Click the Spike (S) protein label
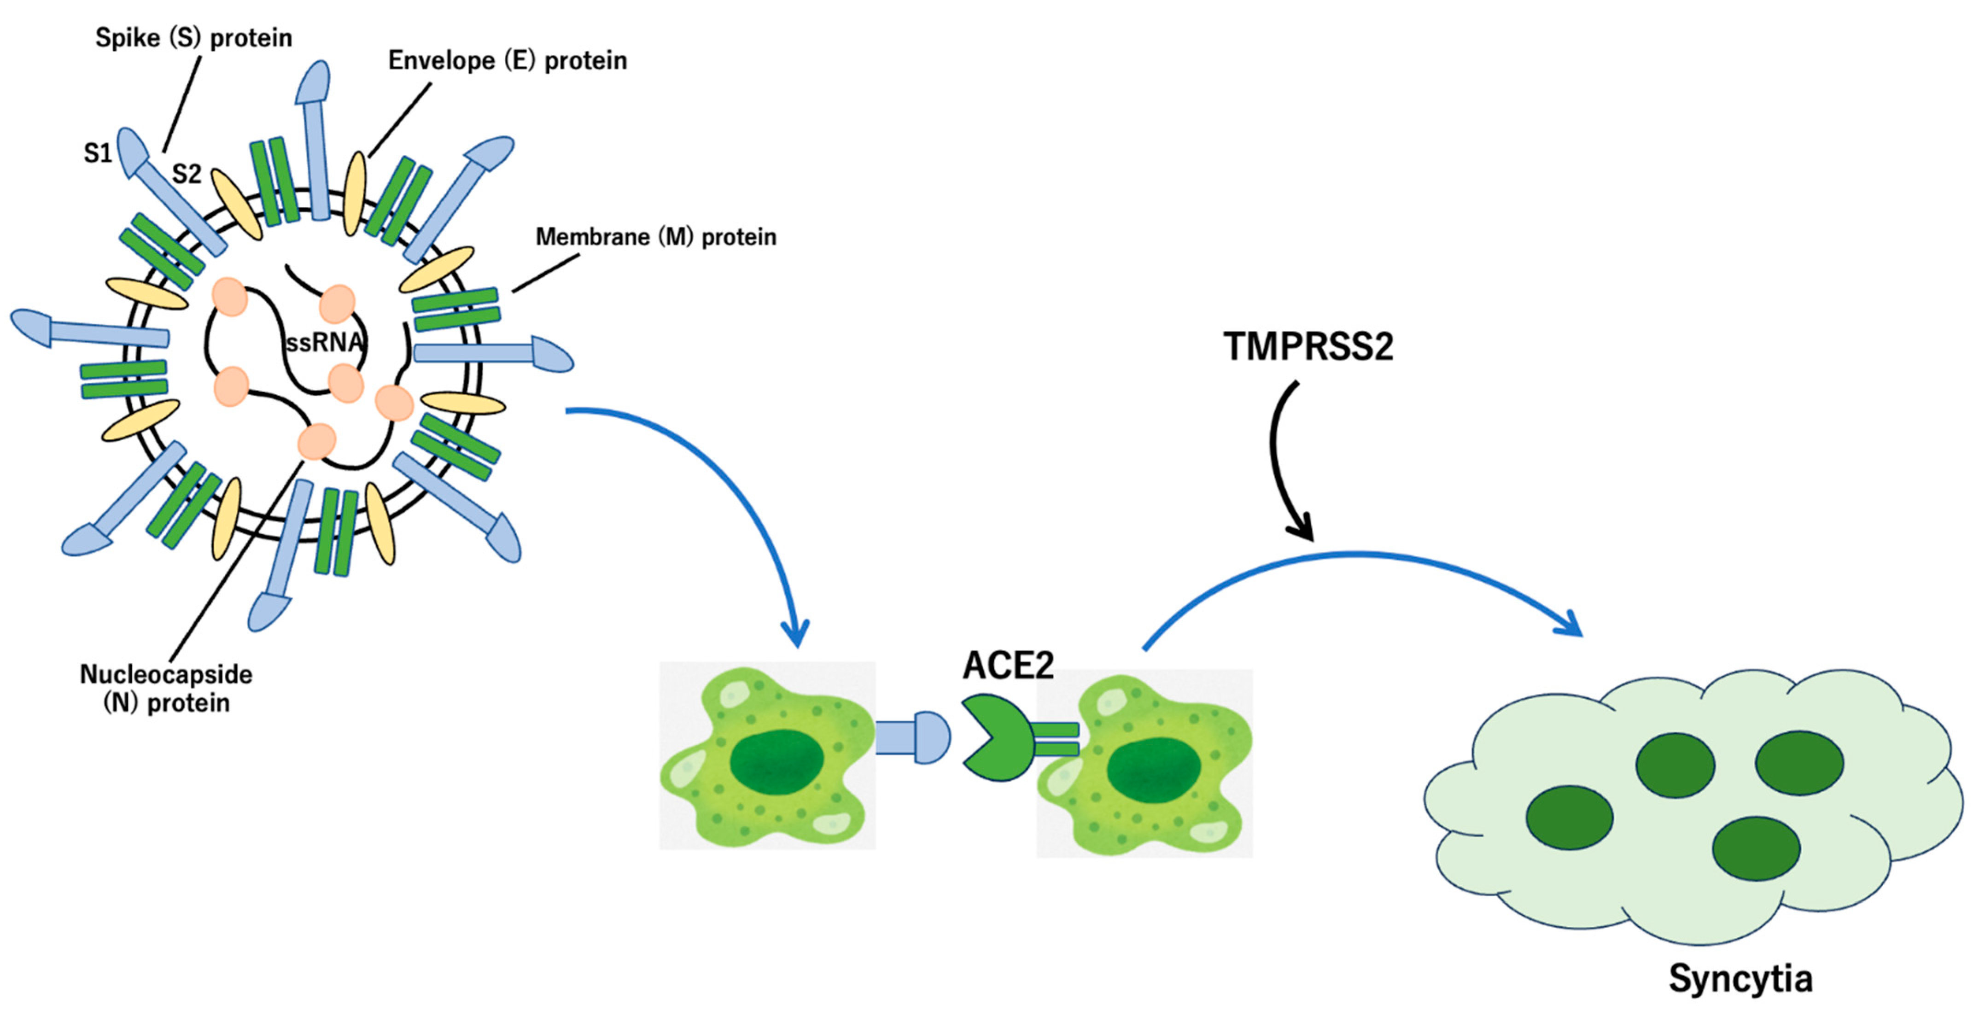click(x=193, y=37)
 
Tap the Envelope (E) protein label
click(x=507, y=60)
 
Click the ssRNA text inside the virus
click(x=324, y=342)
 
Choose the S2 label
click(x=186, y=174)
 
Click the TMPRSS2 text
click(x=1308, y=347)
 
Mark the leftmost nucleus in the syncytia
click(x=1570, y=817)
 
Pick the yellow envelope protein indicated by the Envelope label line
click(x=355, y=193)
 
